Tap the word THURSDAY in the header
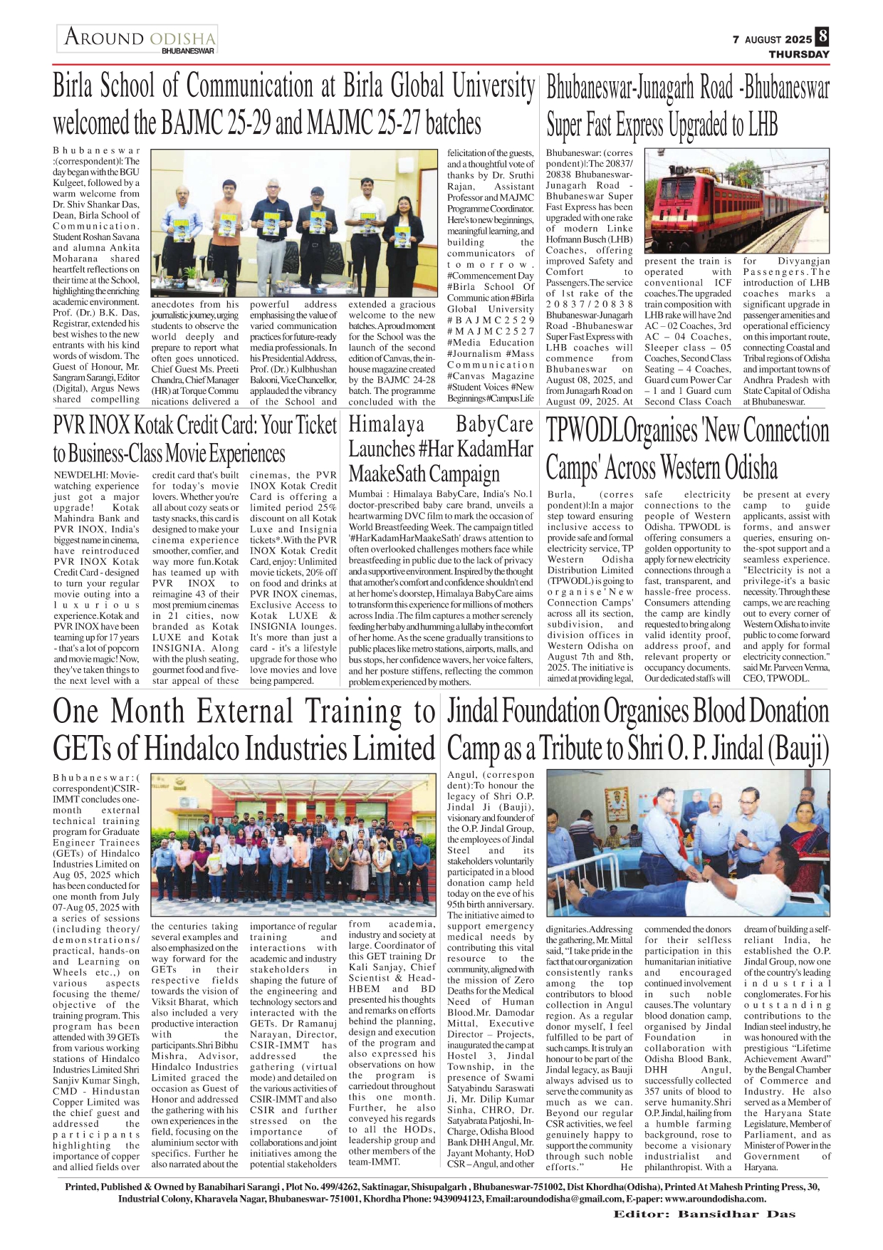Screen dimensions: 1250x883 tap(798, 54)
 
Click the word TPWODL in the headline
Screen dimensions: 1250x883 tap(584, 431)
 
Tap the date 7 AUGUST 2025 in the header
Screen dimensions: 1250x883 tap(772, 40)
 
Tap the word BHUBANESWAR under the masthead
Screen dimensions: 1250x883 tap(188, 51)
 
